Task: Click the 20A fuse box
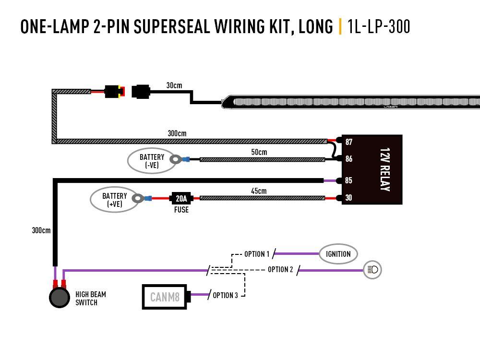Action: click(x=181, y=198)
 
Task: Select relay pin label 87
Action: click(x=348, y=142)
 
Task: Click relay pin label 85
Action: click(x=348, y=181)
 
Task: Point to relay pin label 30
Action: click(x=348, y=198)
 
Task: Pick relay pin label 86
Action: click(x=348, y=159)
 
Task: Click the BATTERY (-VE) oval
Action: click(x=151, y=161)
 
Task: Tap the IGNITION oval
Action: click(x=338, y=254)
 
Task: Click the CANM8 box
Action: click(x=165, y=297)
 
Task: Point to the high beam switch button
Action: click(x=60, y=298)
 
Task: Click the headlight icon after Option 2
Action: click(x=372, y=270)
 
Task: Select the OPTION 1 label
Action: click(x=257, y=254)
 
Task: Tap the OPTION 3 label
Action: click(x=225, y=295)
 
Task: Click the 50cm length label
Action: click(x=259, y=152)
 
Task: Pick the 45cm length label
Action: click(x=259, y=191)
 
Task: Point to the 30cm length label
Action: click(x=174, y=85)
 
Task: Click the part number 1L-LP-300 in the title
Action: click(x=379, y=26)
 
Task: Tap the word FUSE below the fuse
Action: click(x=181, y=210)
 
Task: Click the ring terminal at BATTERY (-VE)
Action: click(x=177, y=158)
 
